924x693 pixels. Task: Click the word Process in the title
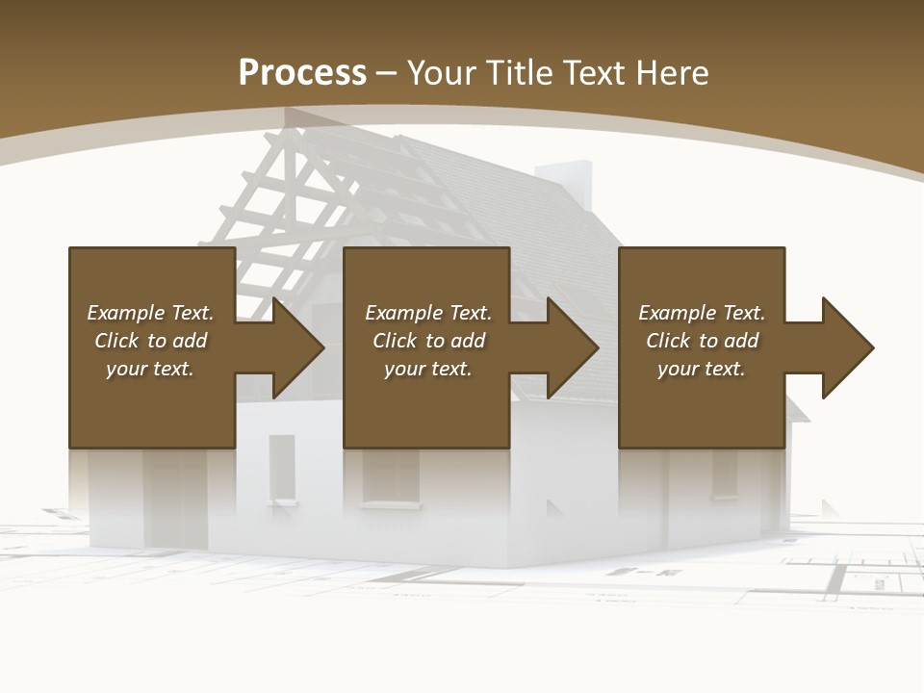302,73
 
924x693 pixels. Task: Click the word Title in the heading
520,73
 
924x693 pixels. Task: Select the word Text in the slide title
594,73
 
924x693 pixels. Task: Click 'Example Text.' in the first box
150,313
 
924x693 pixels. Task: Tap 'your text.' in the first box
150,369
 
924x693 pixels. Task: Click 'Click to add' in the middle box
428,341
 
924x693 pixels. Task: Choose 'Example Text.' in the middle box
428,313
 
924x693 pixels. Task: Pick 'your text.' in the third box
702,369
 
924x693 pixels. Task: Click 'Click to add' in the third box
702,341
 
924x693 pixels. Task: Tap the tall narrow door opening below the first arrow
282,469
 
